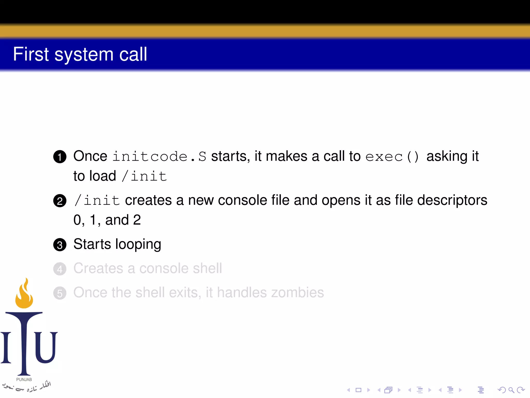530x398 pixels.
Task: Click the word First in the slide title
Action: [x=31, y=54]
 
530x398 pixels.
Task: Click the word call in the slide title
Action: [x=133, y=54]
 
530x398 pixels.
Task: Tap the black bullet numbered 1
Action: [x=60, y=157]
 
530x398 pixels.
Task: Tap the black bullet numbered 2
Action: [x=60, y=201]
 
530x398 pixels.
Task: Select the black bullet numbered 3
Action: [x=60, y=245]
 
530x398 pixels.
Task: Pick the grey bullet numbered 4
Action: [x=60, y=269]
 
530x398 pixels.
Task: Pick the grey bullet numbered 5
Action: [x=60, y=293]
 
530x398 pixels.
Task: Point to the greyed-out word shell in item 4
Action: [x=207, y=268]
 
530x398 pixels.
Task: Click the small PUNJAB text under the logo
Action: [x=24, y=379]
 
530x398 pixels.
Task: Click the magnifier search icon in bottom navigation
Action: [x=511, y=390]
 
